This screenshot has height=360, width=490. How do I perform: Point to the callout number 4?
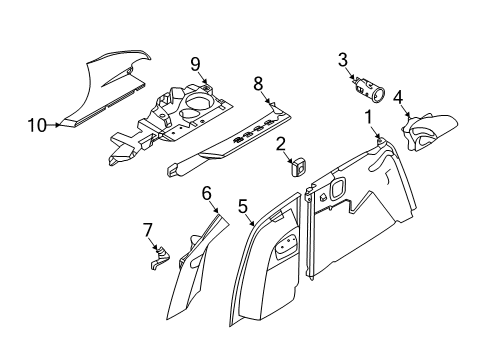[398, 97]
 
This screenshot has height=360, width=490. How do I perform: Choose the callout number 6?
[207, 192]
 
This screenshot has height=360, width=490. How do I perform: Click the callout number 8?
[257, 83]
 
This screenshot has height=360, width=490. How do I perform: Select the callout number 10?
[36, 125]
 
